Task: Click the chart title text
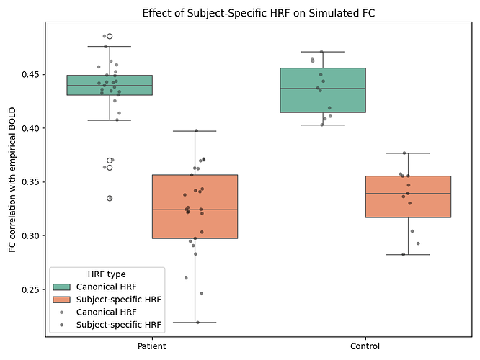pyautogui.click(x=257, y=13)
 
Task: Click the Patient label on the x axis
pyautogui.click(x=152, y=346)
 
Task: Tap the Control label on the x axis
pyautogui.click(x=365, y=346)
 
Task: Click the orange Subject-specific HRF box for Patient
pyautogui.click(x=195, y=207)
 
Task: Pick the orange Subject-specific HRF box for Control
pyautogui.click(x=408, y=197)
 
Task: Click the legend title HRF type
pyautogui.click(x=107, y=274)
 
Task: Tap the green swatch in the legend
pyautogui.click(x=62, y=287)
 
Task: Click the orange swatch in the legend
pyautogui.click(x=62, y=300)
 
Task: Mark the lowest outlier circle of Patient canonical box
pyautogui.click(x=110, y=198)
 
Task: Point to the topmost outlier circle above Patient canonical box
pyautogui.click(x=110, y=36)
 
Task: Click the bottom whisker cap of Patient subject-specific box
pyautogui.click(x=195, y=323)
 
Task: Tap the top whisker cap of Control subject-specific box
pyautogui.click(x=408, y=153)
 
